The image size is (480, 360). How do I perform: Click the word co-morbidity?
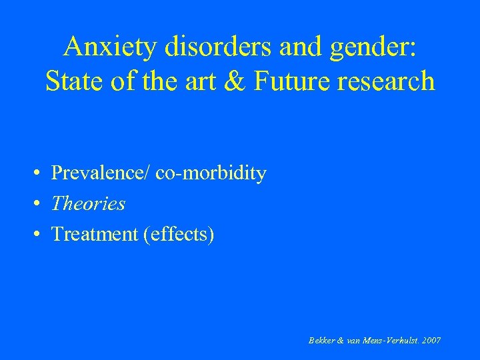coord(211,173)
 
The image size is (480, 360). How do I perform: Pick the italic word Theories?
coord(88,203)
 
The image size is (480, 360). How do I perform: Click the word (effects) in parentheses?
coord(179,234)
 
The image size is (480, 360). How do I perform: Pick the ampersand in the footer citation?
coord(341,341)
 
